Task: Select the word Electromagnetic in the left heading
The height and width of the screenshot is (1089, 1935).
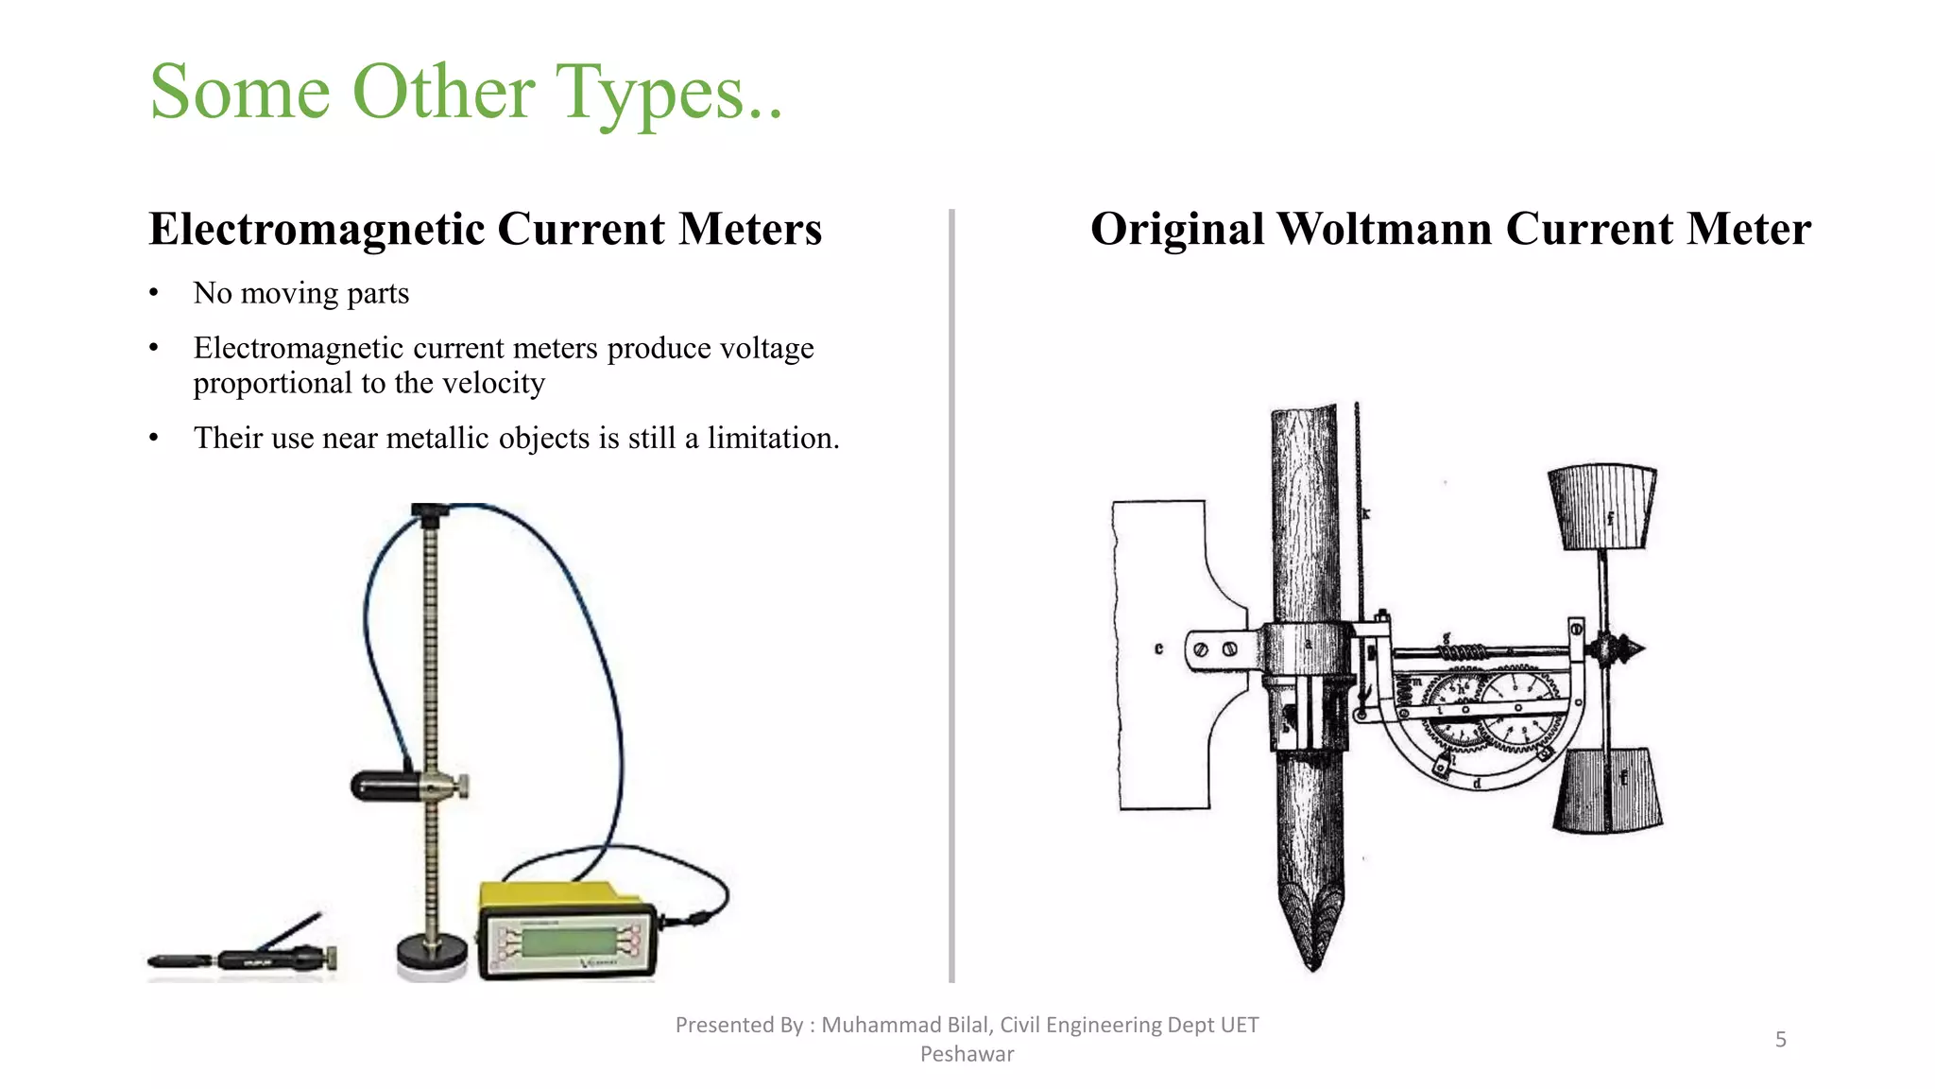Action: [317, 230]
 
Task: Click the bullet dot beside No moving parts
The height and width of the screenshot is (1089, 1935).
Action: [154, 294]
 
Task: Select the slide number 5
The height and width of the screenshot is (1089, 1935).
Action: [1780, 1040]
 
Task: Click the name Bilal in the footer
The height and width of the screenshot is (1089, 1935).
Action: [963, 1025]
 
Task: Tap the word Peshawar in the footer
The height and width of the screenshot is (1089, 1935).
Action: [967, 1054]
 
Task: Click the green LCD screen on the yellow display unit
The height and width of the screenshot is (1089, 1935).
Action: [565, 942]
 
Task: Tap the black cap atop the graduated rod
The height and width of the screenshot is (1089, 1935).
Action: [431, 513]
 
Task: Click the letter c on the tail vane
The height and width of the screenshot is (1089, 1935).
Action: [1158, 649]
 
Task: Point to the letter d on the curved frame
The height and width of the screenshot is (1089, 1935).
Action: [1477, 784]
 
